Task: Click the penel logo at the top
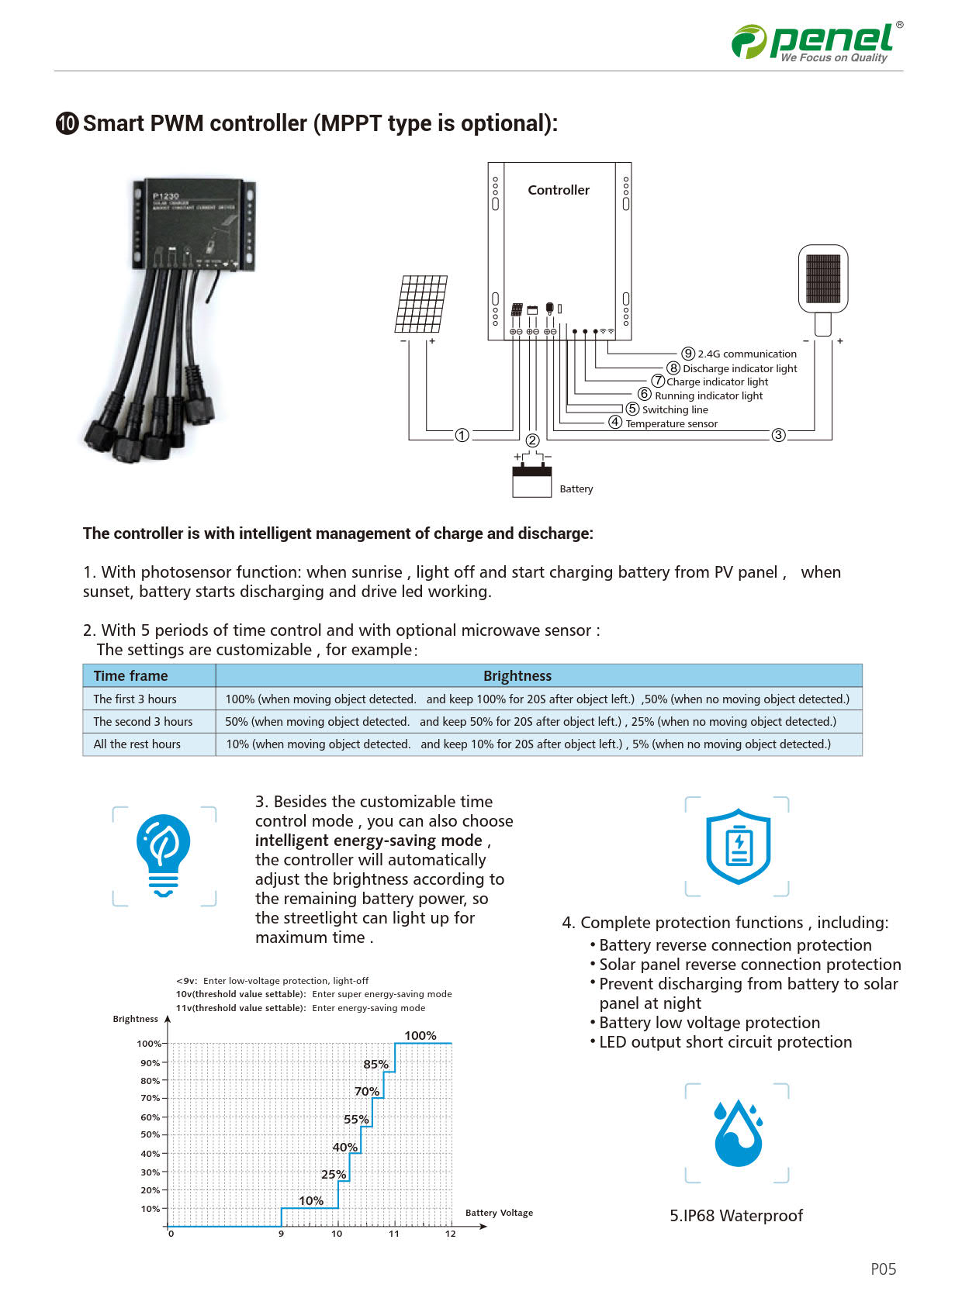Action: point(817,42)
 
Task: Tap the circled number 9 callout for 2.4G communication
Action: point(688,354)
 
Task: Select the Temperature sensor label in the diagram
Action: point(671,424)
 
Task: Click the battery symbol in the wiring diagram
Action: point(531,479)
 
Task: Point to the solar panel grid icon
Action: point(421,304)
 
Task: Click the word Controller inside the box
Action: point(559,190)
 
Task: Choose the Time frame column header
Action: point(130,676)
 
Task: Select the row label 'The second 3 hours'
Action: point(143,722)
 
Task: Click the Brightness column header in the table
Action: point(517,676)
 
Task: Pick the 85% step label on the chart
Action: point(375,1065)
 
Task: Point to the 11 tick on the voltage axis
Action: point(394,1234)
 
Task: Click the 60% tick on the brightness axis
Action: point(150,1117)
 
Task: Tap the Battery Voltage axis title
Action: point(499,1213)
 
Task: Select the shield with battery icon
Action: point(738,846)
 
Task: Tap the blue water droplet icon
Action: point(738,1133)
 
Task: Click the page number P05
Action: point(883,1269)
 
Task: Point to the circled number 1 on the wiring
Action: point(462,436)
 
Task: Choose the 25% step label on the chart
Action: point(334,1175)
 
